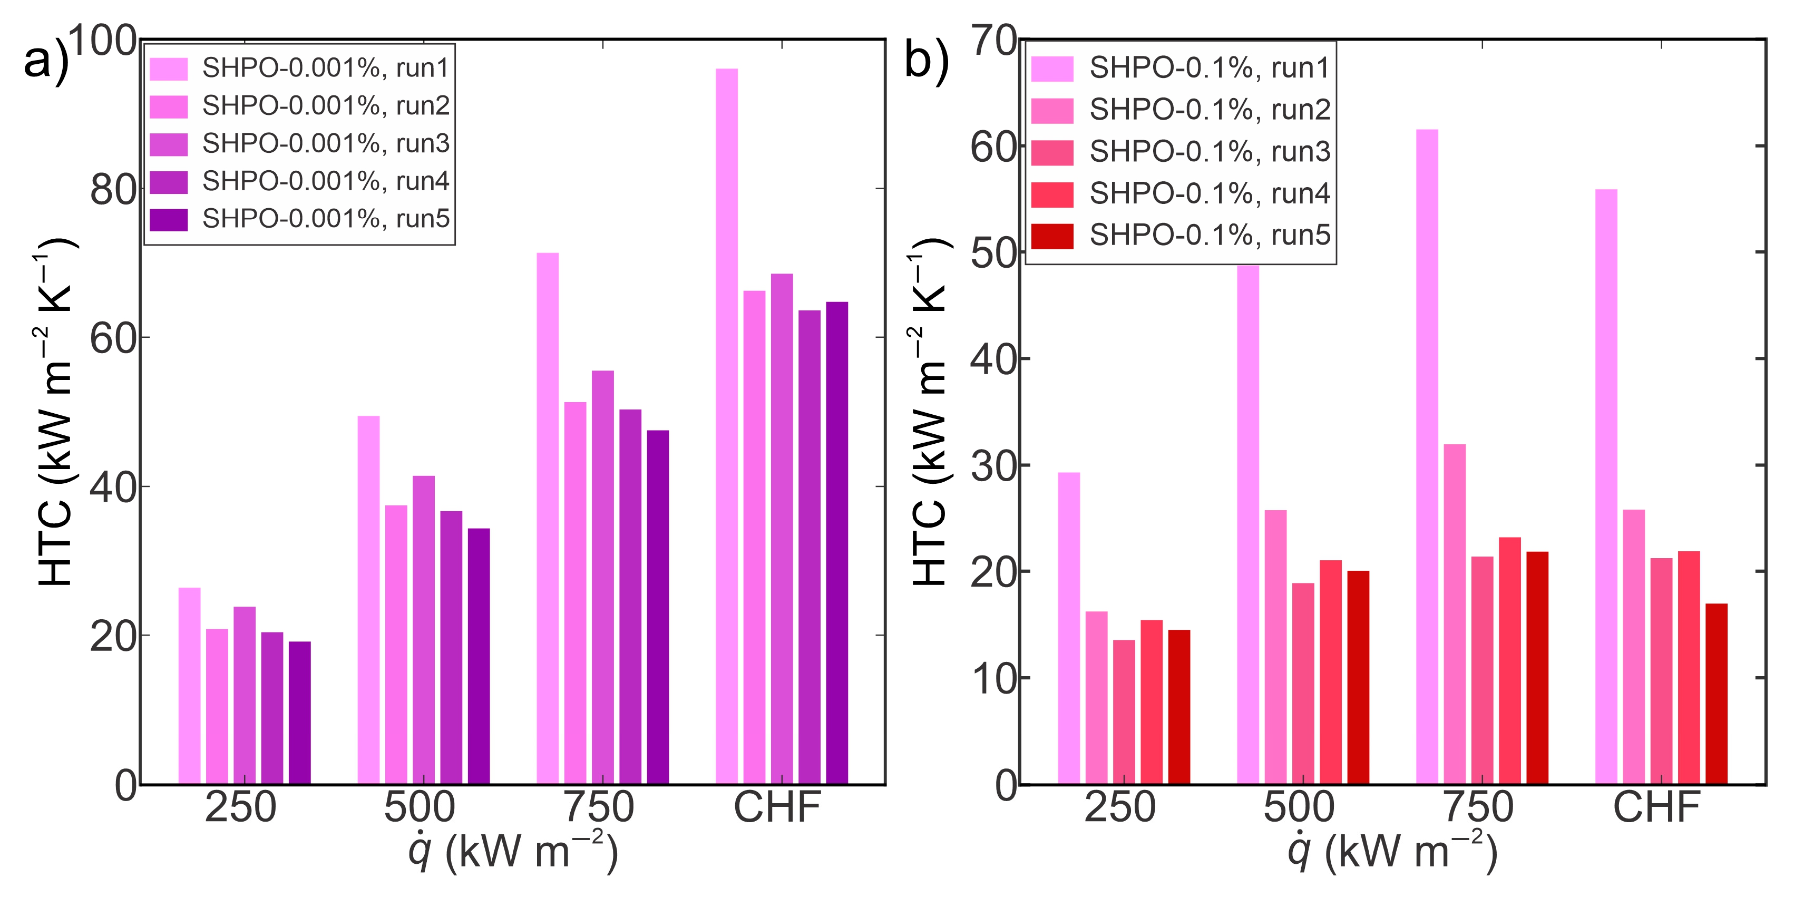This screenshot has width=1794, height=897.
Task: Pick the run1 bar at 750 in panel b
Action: tap(1427, 457)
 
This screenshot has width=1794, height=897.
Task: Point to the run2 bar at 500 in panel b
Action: tap(1275, 647)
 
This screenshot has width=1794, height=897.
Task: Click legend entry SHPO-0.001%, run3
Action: tap(326, 143)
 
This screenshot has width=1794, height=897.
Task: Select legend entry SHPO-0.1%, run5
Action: tap(1210, 236)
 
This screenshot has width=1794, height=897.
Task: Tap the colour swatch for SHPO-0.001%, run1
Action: tap(169, 69)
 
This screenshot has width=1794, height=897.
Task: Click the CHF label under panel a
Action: tap(777, 808)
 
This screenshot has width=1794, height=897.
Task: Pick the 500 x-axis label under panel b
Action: tap(1299, 808)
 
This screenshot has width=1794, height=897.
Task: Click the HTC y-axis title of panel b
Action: tap(930, 411)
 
